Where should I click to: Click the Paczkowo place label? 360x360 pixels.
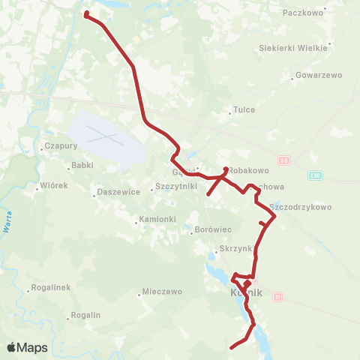tap(303, 13)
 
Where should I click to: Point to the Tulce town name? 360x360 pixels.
tap(244, 109)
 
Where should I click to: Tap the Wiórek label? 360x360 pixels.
tap(53, 185)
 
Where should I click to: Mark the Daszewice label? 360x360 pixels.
tap(119, 193)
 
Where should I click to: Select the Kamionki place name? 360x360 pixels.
tap(156, 220)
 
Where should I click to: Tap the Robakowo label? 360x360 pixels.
tap(248, 170)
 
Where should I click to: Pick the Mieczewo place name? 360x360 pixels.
tap(162, 291)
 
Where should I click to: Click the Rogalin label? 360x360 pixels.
tap(85, 315)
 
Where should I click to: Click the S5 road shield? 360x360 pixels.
tap(283, 160)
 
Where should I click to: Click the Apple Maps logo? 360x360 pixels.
tap(28, 347)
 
